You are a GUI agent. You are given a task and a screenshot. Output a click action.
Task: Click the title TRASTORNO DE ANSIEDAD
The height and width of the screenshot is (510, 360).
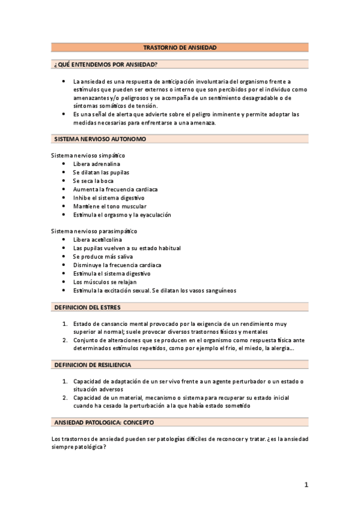pyautogui.click(x=180, y=47)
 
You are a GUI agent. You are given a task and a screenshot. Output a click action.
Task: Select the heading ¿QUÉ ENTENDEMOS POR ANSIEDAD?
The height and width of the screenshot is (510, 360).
pyautogui.click(x=105, y=64)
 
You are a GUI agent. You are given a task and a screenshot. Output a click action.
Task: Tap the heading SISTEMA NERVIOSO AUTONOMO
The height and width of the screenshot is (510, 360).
pyautogui.click(x=100, y=139)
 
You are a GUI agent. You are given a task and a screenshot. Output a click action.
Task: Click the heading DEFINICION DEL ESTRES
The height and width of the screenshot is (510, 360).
pyautogui.click(x=88, y=307)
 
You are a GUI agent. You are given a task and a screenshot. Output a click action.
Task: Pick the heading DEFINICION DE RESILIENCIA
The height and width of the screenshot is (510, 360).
pyautogui.click(x=93, y=364)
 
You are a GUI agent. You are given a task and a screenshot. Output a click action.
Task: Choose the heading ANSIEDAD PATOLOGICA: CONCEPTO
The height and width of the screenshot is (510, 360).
pyautogui.click(x=104, y=422)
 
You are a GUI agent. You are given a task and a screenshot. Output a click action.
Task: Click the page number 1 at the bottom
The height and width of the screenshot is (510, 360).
pyautogui.click(x=305, y=485)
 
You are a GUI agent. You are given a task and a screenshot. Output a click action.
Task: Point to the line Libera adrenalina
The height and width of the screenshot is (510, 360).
pyautogui.click(x=96, y=164)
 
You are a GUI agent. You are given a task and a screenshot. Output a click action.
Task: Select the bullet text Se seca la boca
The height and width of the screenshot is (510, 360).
pyautogui.click(x=93, y=180)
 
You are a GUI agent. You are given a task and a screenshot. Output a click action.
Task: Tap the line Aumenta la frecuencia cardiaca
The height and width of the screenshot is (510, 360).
pyautogui.click(x=115, y=189)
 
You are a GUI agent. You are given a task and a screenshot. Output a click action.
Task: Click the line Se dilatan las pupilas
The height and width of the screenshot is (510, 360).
pyautogui.click(x=101, y=172)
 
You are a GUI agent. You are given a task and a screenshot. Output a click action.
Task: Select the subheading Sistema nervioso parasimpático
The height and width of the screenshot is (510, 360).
pyautogui.click(x=94, y=231)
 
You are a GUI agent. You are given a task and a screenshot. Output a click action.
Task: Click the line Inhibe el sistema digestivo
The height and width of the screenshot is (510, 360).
pyautogui.click(x=109, y=197)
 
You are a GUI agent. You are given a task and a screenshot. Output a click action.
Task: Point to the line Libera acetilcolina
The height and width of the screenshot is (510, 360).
pyautogui.click(x=97, y=239)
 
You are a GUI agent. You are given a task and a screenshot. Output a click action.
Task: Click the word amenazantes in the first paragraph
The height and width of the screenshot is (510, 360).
pyautogui.click(x=90, y=97)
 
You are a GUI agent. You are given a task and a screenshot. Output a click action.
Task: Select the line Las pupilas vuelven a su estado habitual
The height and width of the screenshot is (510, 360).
pyautogui.click(x=127, y=248)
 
